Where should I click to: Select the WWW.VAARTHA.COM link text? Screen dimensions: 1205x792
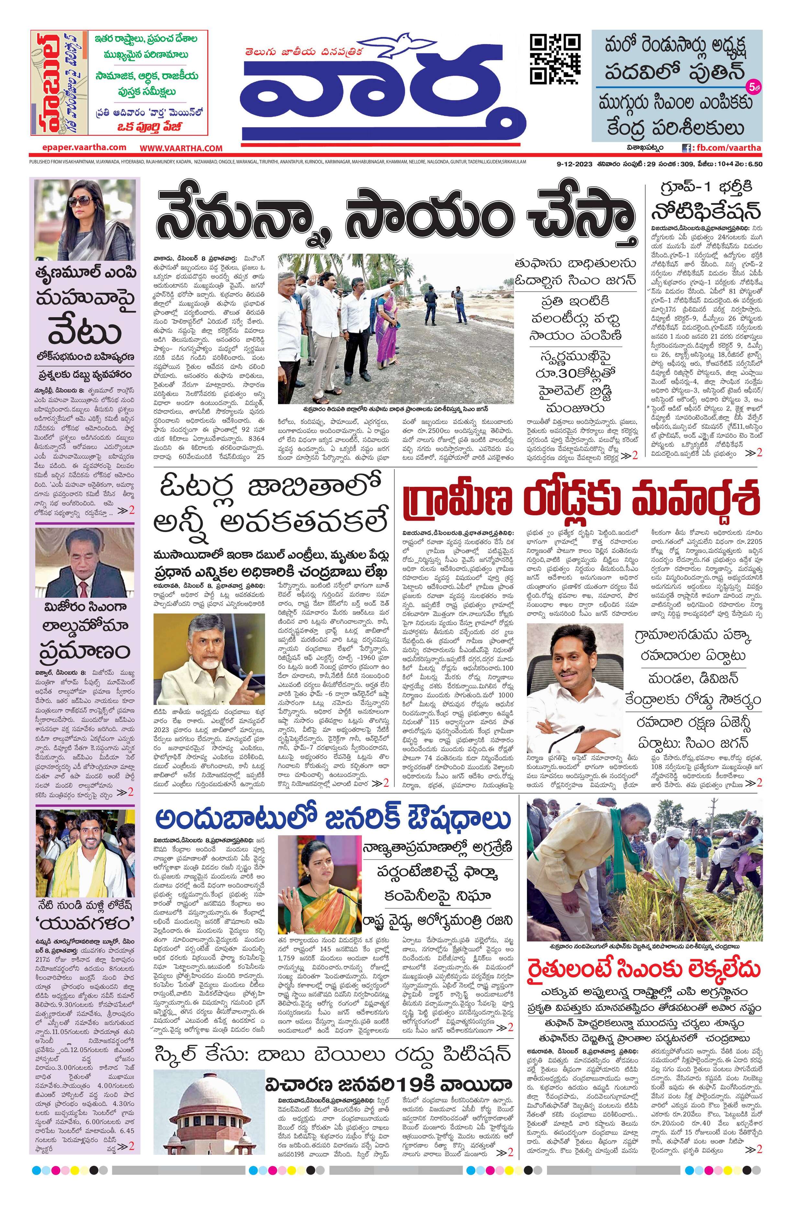[x=181, y=148]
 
